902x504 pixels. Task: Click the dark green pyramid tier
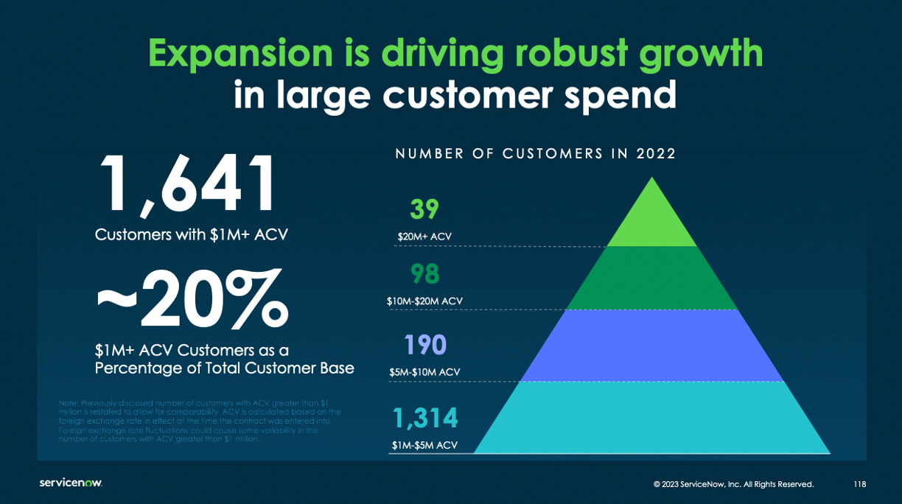pyautogui.click(x=651, y=278)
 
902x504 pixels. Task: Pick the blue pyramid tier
pyautogui.click(x=651, y=346)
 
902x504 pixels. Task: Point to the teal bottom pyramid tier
pyautogui.click(x=651, y=418)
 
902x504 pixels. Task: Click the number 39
pyautogui.click(x=424, y=209)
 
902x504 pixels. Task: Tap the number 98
pyautogui.click(x=425, y=274)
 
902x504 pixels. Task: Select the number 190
pyautogui.click(x=425, y=345)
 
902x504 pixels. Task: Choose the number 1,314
pyautogui.click(x=425, y=419)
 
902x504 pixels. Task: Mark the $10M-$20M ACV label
pyautogui.click(x=425, y=301)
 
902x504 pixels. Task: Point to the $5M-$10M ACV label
pyautogui.click(x=425, y=372)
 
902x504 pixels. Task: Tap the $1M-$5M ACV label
pyautogui.click(x=425, y=445)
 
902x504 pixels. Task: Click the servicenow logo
pyautogui.click(x=71, y=483)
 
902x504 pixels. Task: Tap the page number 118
pyautogui.click(x=859, y=484)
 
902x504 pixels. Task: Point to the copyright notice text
pyautogui.click(x=733, y=484)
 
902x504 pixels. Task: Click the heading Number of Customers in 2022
pyautogui.click(x=536, y=154)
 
